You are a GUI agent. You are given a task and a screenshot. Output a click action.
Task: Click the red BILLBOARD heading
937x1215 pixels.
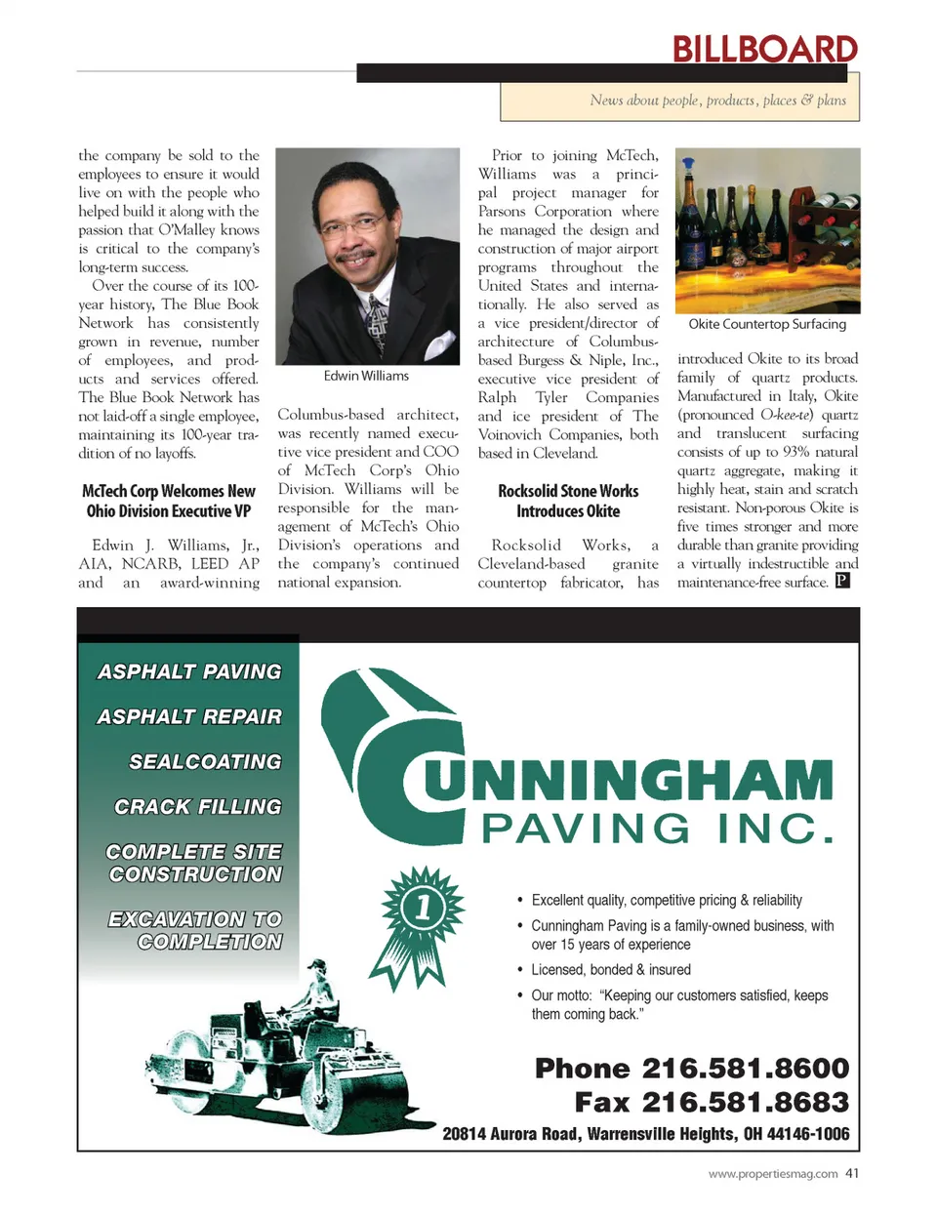click(x=764, y=49)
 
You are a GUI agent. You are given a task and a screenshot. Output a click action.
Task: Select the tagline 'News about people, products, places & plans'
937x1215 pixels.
click(x=717, y=101)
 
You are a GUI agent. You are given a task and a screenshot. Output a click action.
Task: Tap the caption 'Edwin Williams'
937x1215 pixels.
click(x=366, y=376)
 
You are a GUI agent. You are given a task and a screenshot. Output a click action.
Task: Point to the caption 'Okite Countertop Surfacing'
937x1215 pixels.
click(x=767, y=324)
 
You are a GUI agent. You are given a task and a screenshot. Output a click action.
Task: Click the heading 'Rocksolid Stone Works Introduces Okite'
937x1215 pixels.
click(x=568, y=501)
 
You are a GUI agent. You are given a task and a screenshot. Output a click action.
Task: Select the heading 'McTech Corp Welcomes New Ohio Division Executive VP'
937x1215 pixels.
click(x=169, y=501)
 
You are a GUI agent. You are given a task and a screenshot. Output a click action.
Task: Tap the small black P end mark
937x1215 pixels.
click(x=842, y=581)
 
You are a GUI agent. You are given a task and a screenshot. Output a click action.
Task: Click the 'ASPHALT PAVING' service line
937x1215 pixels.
click(x=189, y=671)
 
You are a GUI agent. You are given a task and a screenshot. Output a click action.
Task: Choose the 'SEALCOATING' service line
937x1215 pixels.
click(x=205, y=761)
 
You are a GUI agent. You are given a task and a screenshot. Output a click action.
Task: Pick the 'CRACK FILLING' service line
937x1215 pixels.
click(x=198, y=806)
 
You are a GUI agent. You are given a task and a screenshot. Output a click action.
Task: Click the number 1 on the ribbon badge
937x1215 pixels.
click(x=423, y=909)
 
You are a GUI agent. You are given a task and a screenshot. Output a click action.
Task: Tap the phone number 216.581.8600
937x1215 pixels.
click(x=745, y=1068)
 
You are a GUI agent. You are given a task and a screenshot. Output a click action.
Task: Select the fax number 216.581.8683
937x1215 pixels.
click(x=745, y=1102)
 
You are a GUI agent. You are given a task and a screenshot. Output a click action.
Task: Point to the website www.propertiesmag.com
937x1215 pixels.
click(x=772, y=1174)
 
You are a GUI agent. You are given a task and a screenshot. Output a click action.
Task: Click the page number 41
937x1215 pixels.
click(x=852, y=1173)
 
